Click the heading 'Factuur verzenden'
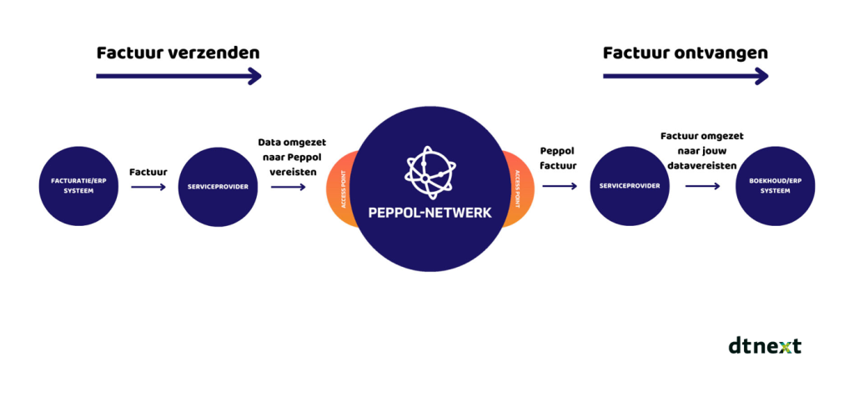click(x=178, y=53)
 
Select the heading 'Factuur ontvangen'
click(x=685, y=53)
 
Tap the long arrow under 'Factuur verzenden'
click(x=178, y=77)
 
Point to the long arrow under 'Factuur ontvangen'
click(x=685, y=77)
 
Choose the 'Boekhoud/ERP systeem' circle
click(x=775, y=186)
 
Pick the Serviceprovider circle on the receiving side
click(x=628, y=186)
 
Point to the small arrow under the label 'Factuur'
click(x=148, y=188)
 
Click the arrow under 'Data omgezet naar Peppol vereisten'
click(x=289, y=188)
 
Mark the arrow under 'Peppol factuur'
click(x=559, y=187)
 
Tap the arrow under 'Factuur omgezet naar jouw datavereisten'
click(x=702, y=187)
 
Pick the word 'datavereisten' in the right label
click(x=701, y=165)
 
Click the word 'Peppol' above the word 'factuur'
click(x=558, y=153)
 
